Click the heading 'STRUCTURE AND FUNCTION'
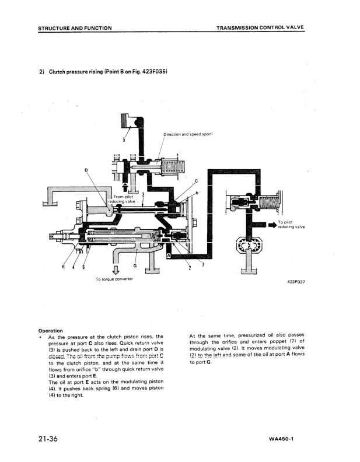click(75, 28)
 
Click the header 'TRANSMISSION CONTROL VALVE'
click(260, 28)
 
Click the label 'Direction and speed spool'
click(187, 134)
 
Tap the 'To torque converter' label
click(114, 279)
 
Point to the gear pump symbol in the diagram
click(250, 247)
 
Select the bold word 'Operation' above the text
click(50, 330)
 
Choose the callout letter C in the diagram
click(196, 181)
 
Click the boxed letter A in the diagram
click(169, 256)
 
